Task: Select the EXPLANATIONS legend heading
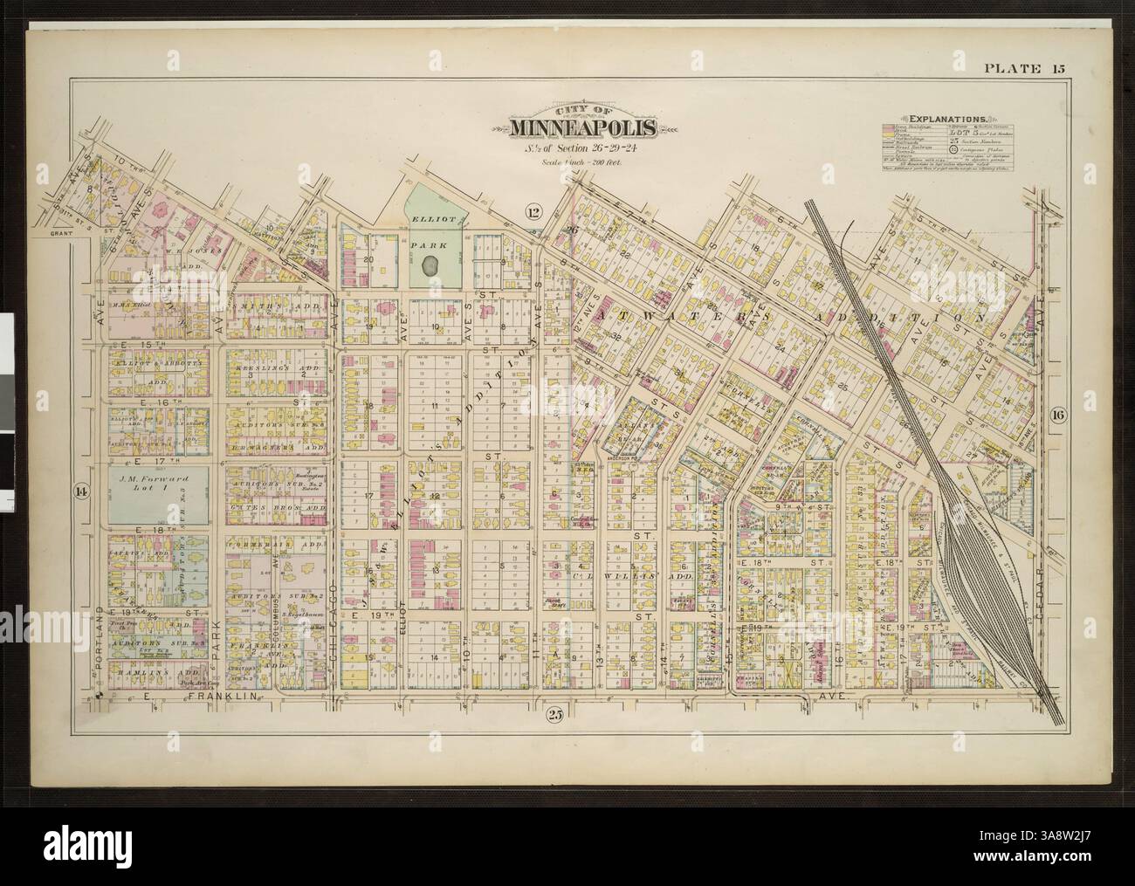pos(947,117)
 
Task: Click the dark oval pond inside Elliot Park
pos(430,265)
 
